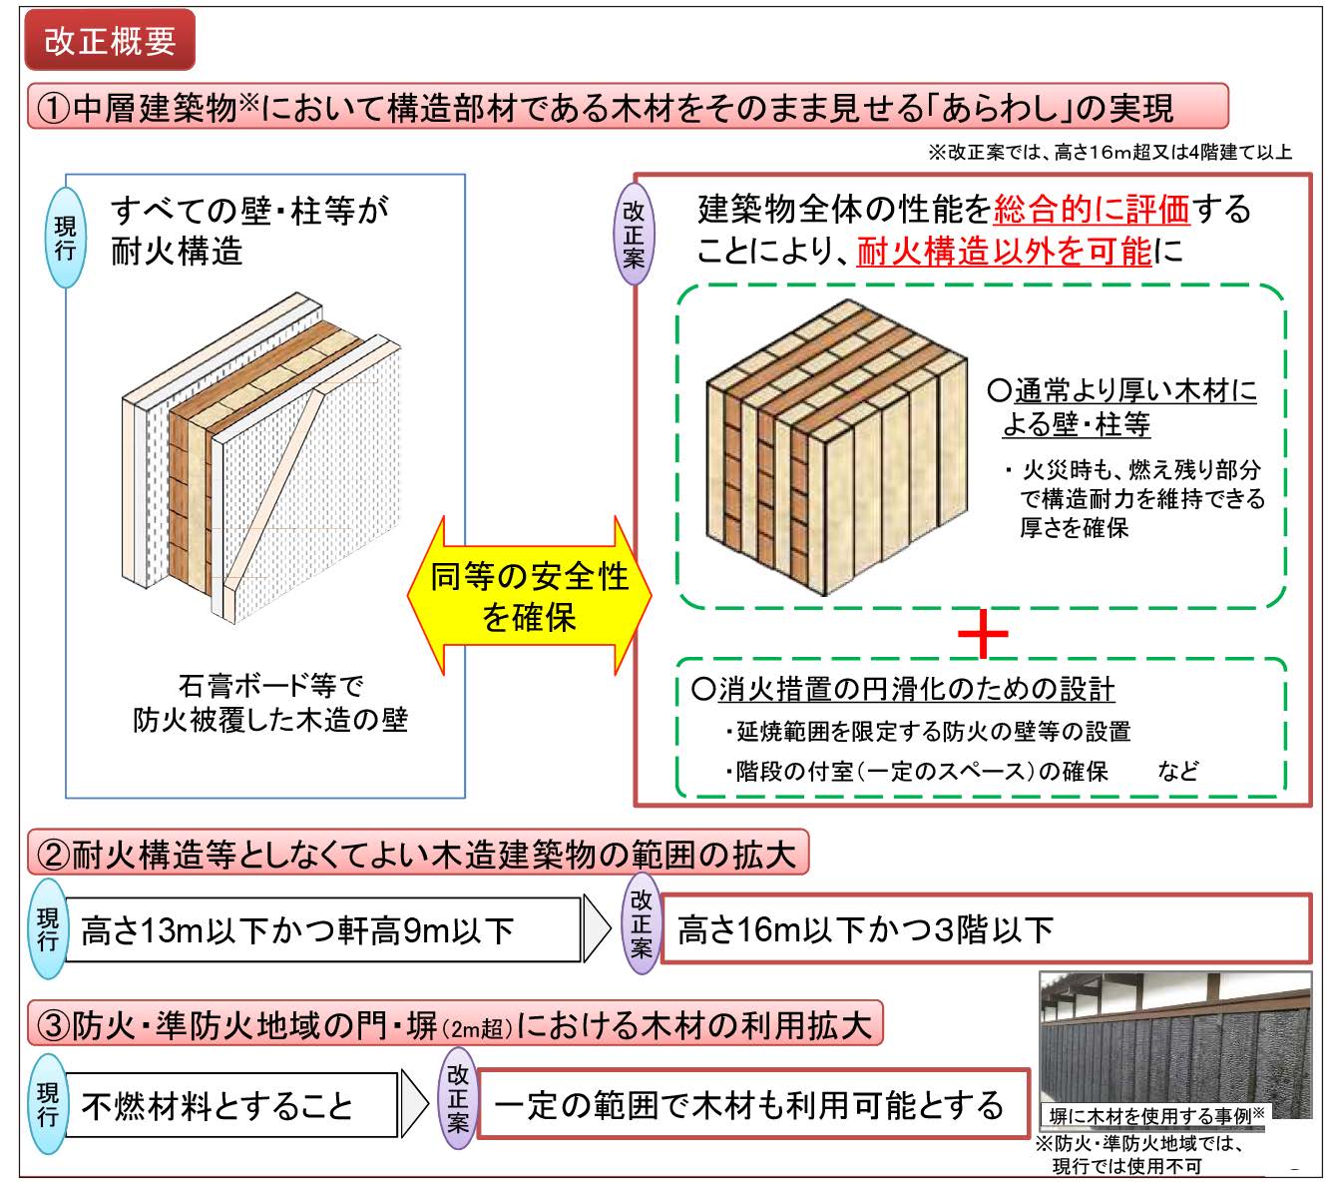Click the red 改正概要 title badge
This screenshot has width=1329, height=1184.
tap(110, 41)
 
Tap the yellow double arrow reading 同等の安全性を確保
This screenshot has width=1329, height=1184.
tap(529, 596)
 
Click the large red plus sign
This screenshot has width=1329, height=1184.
tap(982, 633)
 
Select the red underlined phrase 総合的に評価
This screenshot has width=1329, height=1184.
tap(1091, 210)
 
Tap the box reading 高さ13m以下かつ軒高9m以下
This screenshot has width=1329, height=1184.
tap(322, 930)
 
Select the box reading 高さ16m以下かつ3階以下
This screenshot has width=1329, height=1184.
tap(986, 928)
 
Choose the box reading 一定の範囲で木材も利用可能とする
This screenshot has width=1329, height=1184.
tap(752, 1104)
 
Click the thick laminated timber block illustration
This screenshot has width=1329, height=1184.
tap(836, 447)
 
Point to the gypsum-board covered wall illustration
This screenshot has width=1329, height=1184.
tap(261, 457)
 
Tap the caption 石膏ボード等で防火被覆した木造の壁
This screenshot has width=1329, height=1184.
tap(270, 703)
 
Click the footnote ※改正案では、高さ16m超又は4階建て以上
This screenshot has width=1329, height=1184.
tap(1109, 153)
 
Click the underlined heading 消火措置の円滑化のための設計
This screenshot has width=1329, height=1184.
tap(903, 689)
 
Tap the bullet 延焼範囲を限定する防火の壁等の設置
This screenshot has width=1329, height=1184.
tap(928, 731)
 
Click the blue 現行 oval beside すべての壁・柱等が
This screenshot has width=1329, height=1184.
tap(66, 238)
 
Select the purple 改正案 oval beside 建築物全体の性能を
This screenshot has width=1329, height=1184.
tap(633, 235)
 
